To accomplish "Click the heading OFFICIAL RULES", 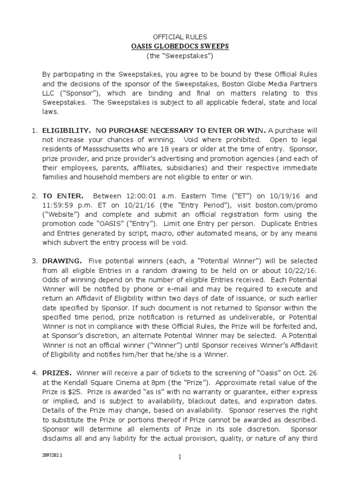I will coord(180,37).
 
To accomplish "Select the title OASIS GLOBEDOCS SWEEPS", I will coord(180,46).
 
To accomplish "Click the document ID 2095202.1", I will coord(52,460).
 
